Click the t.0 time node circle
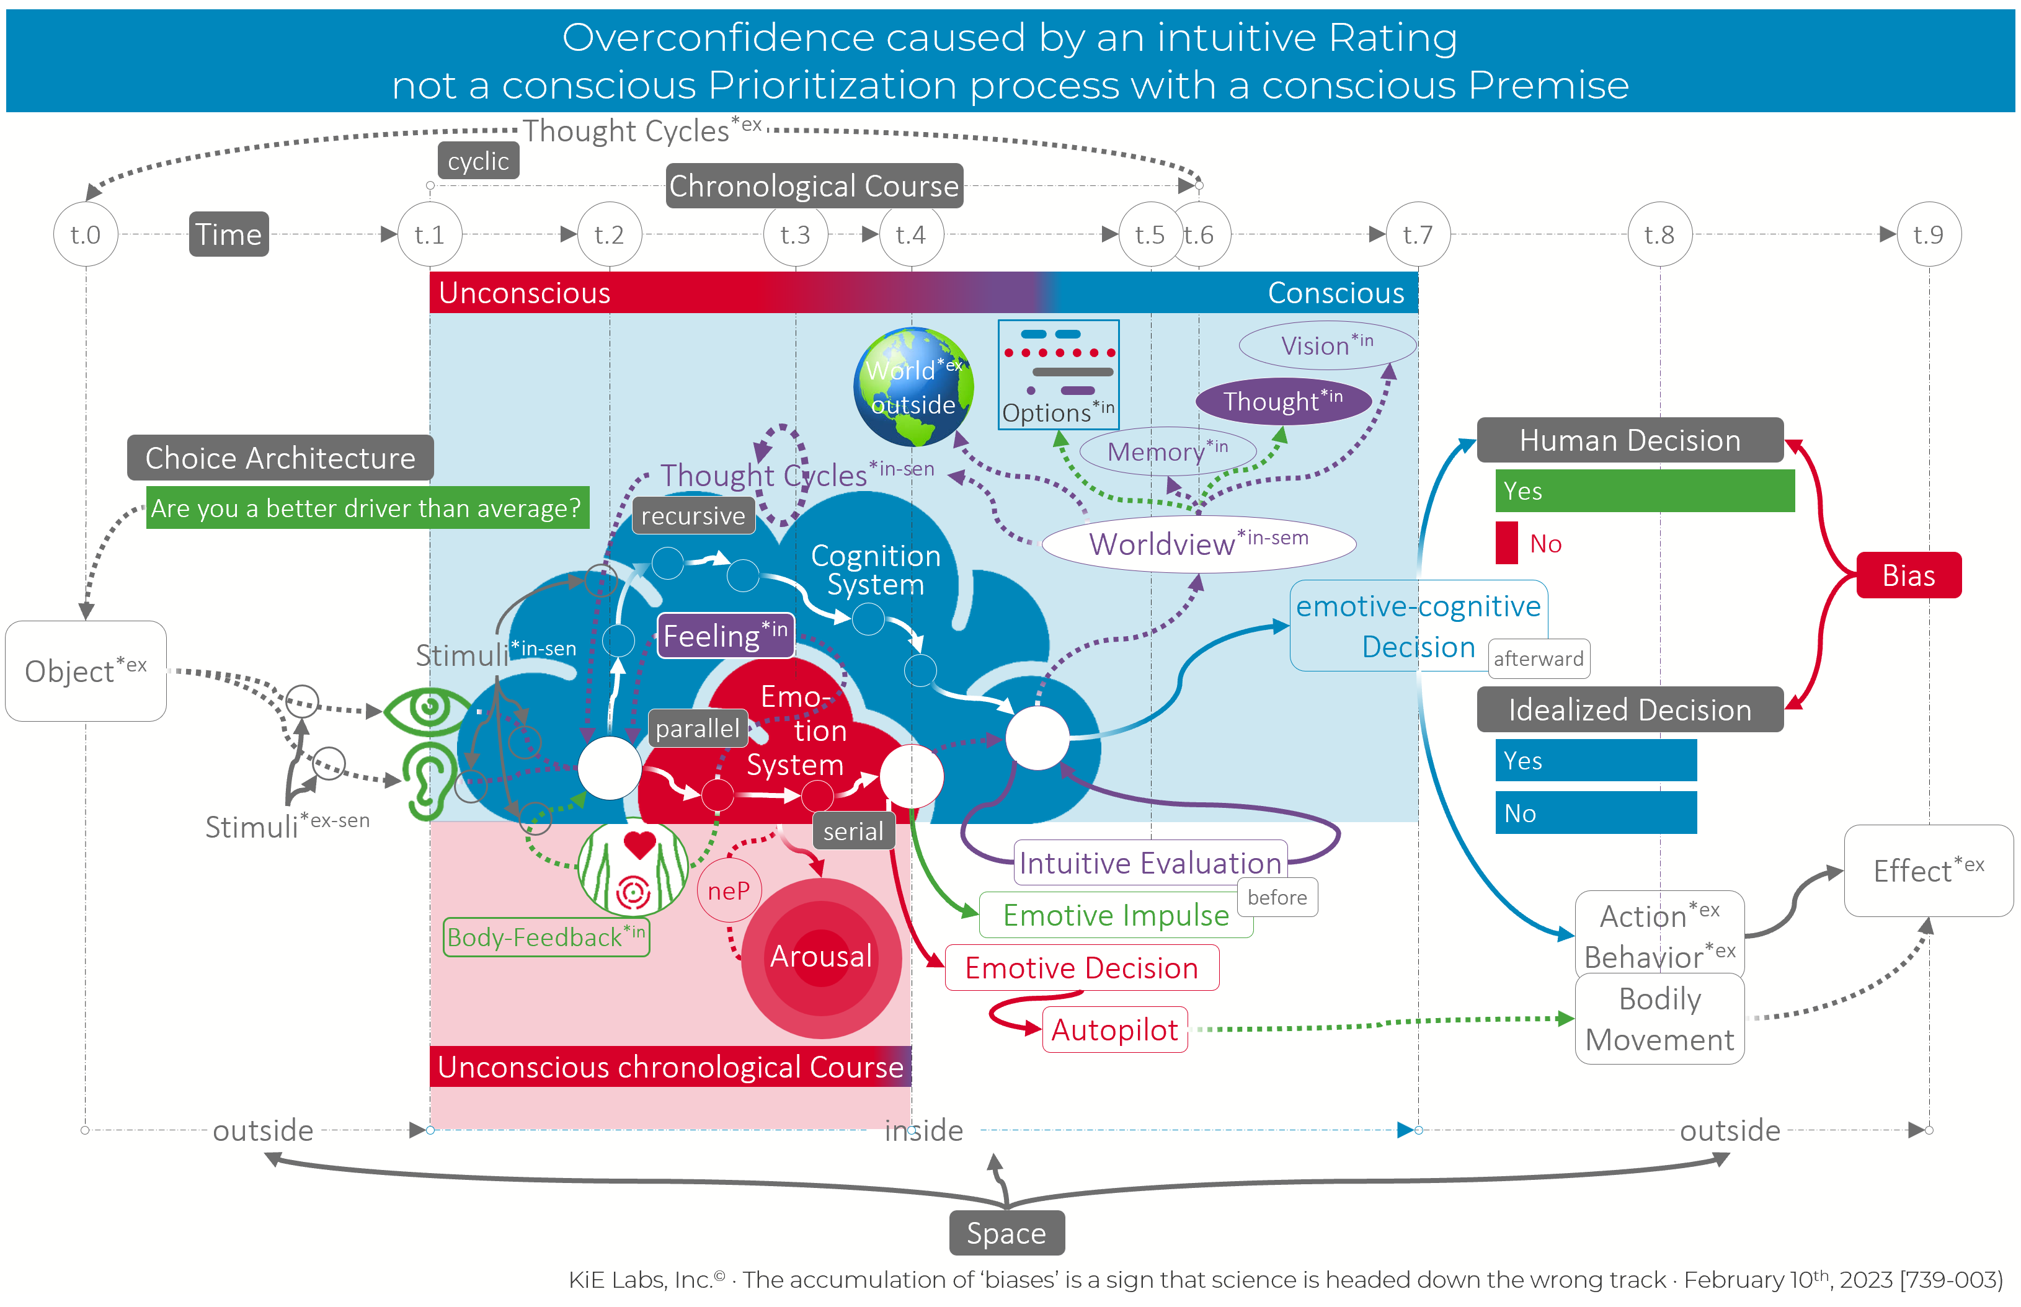pos(86,234)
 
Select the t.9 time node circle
pos(1929,234)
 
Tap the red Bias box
pos(1908,575)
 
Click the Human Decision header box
pos(1630,440)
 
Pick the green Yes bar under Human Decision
pos(1644,490)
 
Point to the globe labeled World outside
pos(913,387)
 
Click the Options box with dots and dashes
pos(1059,374)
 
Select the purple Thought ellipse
pos(1282,401)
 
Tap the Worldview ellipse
pos(1199,543)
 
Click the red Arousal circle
pos(821,957)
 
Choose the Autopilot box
pos(1114,1029)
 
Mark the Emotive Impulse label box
pos(1116,915)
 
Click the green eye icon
pos(428,709)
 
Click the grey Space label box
pos(1006,1233)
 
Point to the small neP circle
pos(728,890)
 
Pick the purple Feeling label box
pos(726,636)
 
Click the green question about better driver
pos(366,508)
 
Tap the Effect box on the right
pos(1929,871)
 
